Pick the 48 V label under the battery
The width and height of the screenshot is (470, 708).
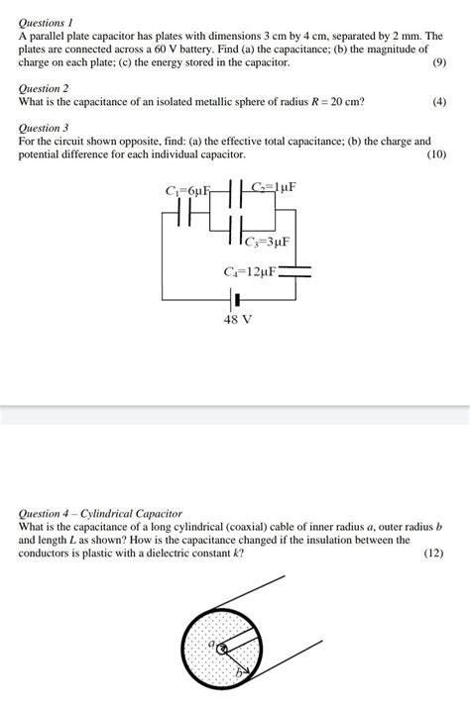coord(238,320)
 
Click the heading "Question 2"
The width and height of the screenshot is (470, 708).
coord(45,89)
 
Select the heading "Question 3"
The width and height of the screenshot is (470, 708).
coord(45,129)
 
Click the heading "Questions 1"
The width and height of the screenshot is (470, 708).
coord(47,21)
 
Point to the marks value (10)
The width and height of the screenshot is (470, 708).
coord(436,155)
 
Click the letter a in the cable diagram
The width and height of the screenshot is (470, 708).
coord(210,645)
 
